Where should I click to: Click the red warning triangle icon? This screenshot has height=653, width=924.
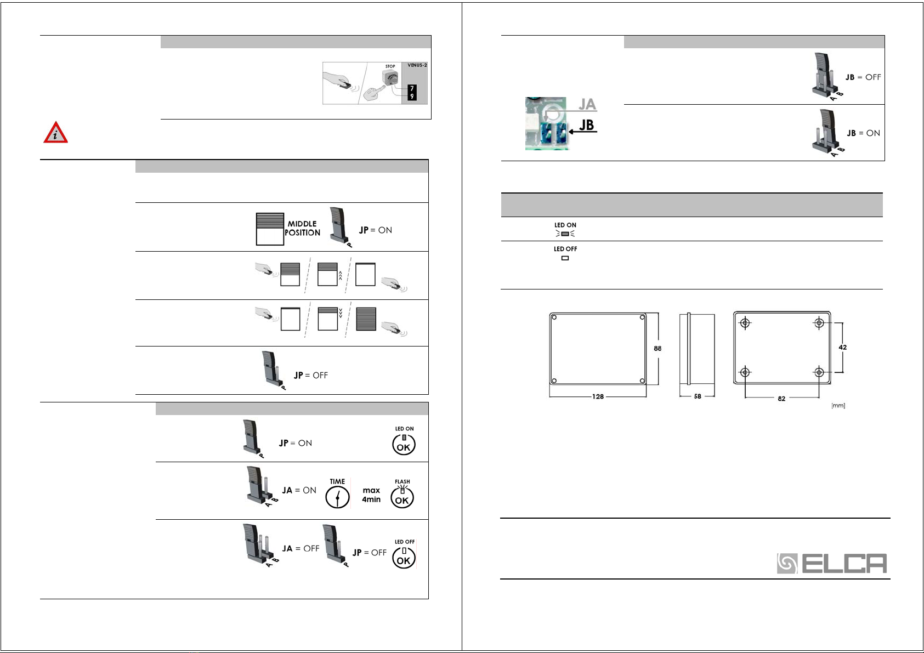(x=55, y=133)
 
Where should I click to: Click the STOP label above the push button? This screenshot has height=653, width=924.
(x=390, y=66)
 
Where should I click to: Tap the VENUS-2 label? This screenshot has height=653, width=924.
(x=417, y=65)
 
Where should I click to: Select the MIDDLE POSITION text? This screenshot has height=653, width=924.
(x=303, y=228)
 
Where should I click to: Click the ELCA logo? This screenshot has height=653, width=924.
(x=831, y=564)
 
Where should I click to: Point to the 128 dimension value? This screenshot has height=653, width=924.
(x=598, y=396)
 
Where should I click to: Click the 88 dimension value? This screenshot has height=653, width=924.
(x=657, y=348)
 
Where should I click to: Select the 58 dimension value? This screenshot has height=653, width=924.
(x=698, y=396)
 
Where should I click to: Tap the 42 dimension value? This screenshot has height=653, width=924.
(x=843, y=347)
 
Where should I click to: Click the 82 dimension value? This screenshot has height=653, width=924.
(x=781, y=399)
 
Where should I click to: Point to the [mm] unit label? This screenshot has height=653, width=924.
(x=838, y=406)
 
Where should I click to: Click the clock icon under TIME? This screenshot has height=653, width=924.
(x=337, y=498)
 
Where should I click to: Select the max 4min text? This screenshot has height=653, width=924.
(x=371, y=495)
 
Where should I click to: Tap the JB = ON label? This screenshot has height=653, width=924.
(x=863, y=133)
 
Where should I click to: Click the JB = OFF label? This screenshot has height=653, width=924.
(x=863, y=77)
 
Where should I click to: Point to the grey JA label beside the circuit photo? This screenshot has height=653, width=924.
(x=587, y=104)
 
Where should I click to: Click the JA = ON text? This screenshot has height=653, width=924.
(x=299, y=490)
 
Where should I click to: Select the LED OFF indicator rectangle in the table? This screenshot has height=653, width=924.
(x=565, y=258)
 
